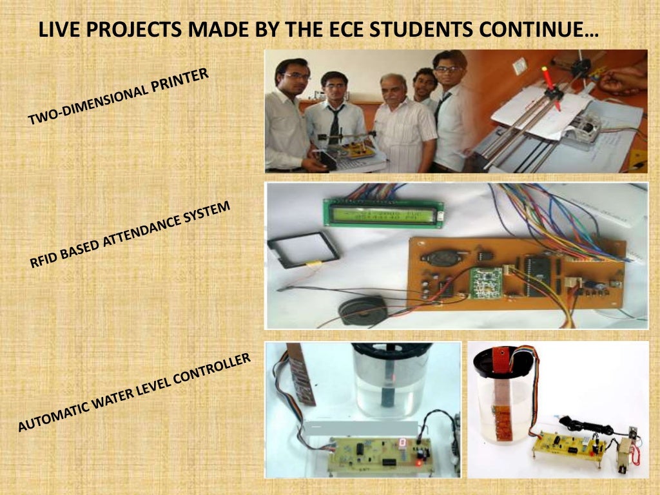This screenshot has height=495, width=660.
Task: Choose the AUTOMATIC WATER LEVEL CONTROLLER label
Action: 132,393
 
